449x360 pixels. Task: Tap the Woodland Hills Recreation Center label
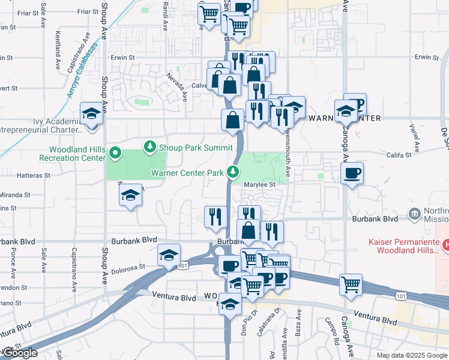[x=72, y=154]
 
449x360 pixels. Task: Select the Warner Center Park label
[x=187, y=173]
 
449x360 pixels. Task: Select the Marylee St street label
[x=259, y=185]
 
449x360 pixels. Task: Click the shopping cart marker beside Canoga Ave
[x=351, y=284]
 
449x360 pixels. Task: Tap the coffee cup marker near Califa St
[x=352, y=173]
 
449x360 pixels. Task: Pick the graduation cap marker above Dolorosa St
[x=169, y=254]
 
